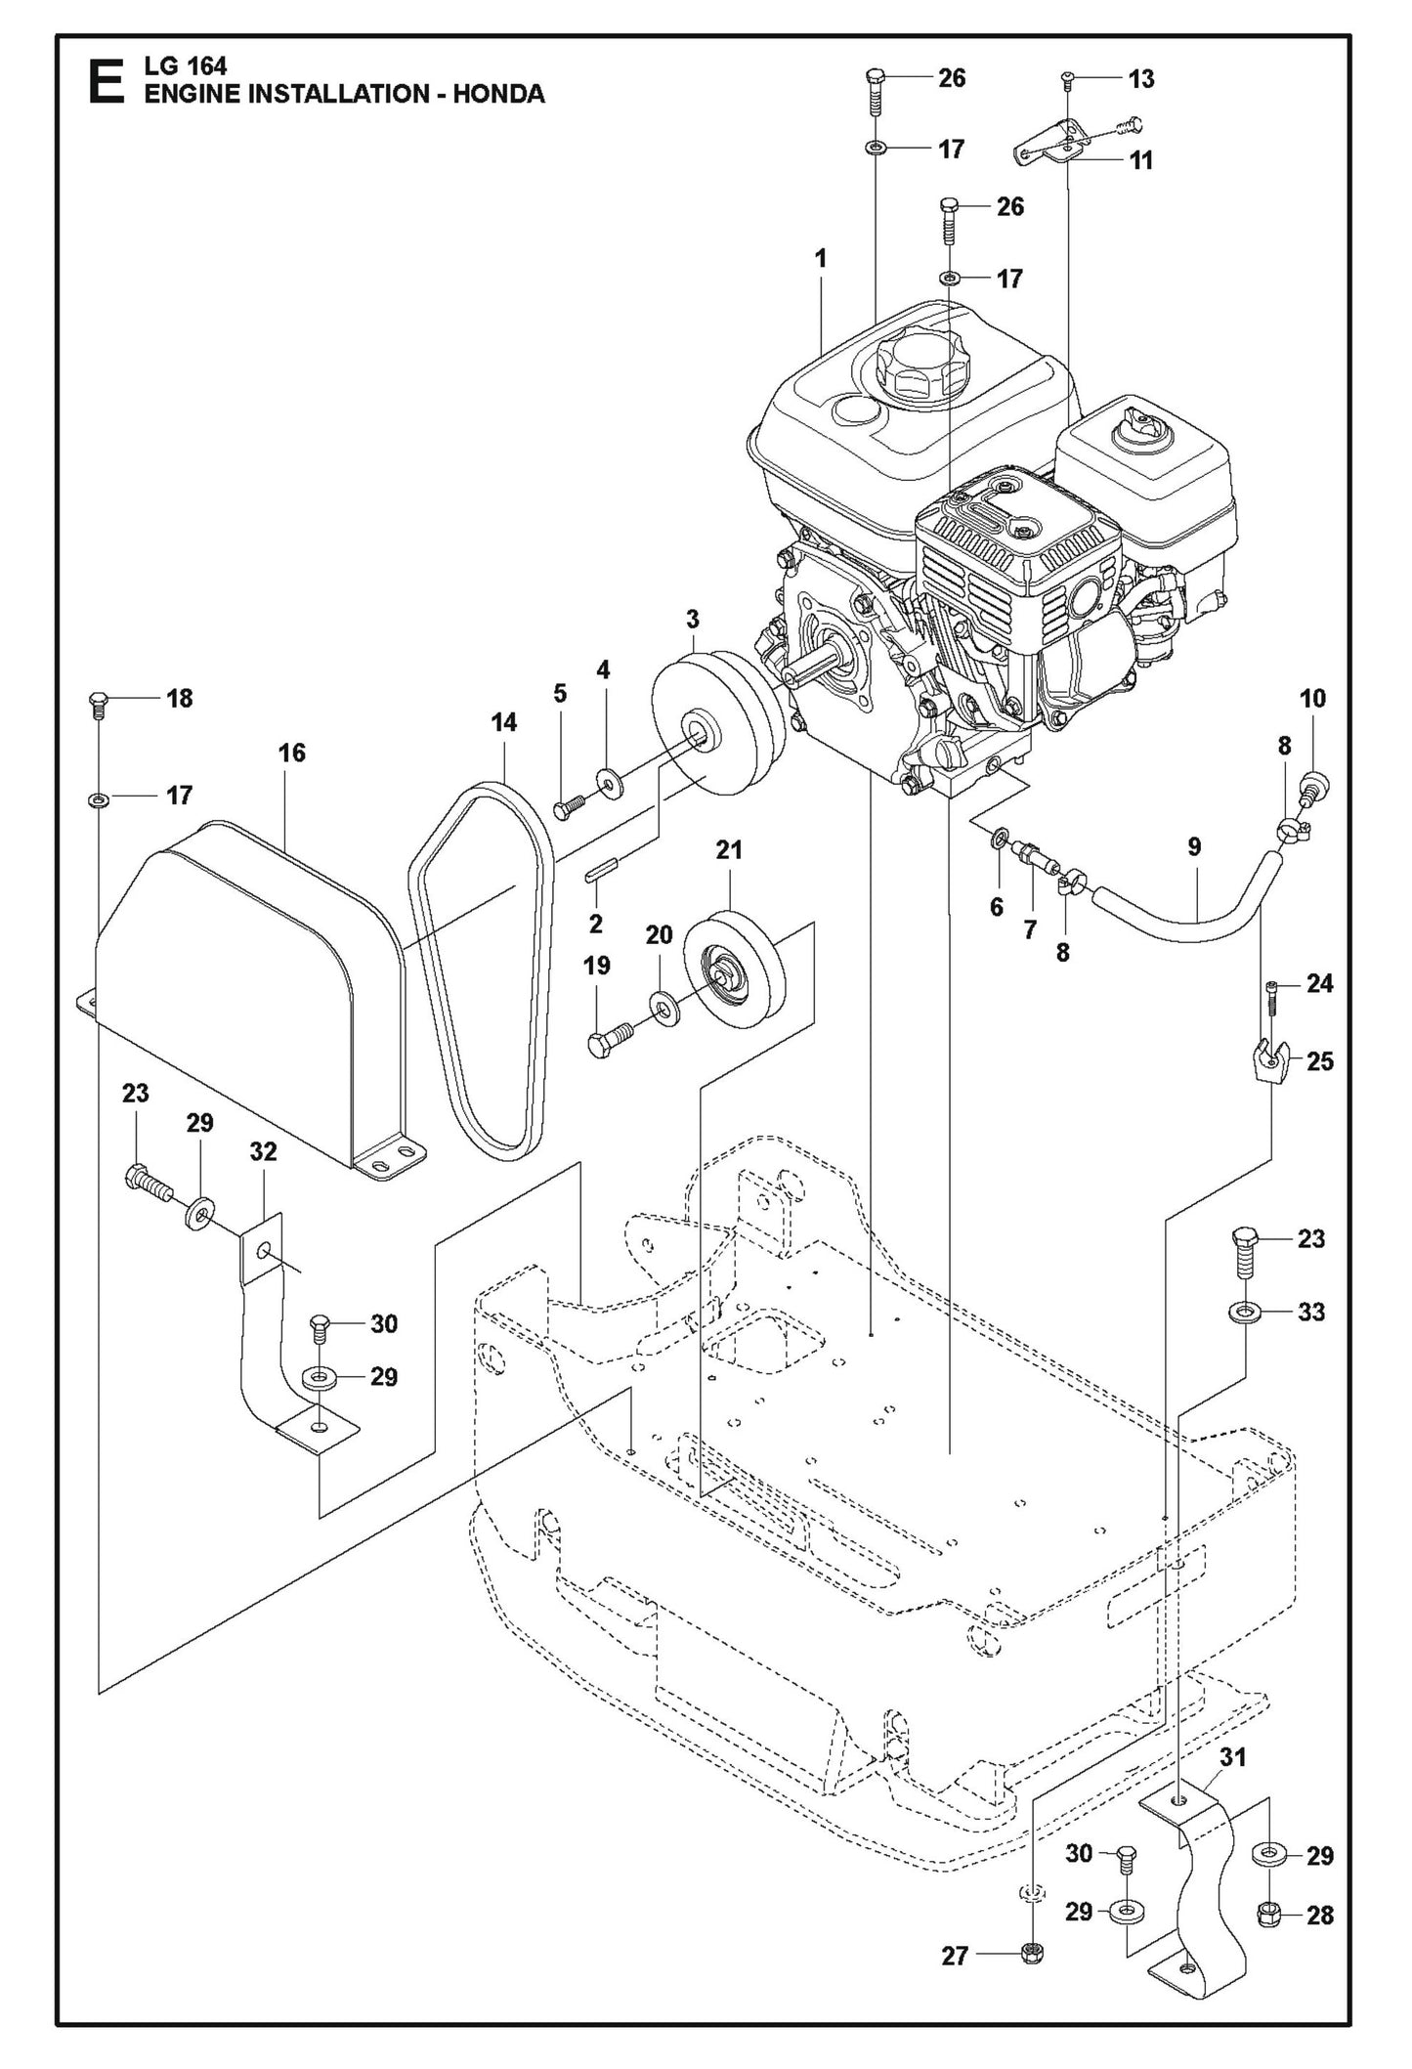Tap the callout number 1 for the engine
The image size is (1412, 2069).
[x=821, y=259]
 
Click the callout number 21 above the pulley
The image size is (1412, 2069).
[x=729, y=850]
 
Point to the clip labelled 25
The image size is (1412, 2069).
[x=1268, y=1059]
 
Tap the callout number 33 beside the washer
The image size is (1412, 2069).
[x=1310, y=1312]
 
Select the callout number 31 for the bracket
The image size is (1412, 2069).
[x=1234, y=1757]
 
